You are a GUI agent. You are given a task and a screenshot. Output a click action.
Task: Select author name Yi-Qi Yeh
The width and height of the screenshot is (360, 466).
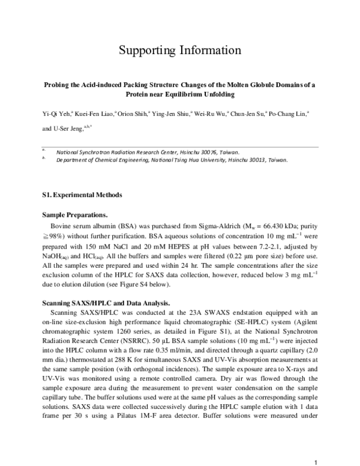(57, 112)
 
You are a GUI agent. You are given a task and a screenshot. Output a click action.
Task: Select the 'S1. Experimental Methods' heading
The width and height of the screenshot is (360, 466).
(82, 195)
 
